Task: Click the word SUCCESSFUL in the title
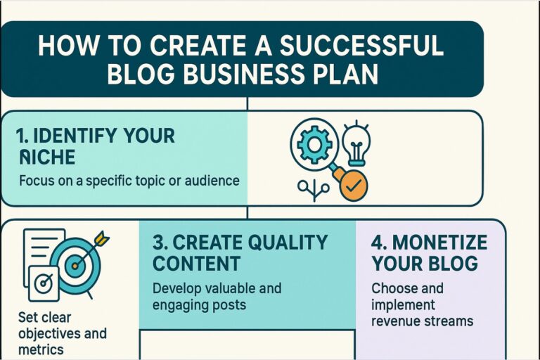click(361, 45)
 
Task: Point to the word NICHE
click(47, 157)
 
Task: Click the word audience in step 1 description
click(212, 180)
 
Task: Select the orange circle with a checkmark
click(354, 186)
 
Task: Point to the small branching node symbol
click(314, 189)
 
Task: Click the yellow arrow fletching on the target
click(101, 238)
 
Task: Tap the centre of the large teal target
click(75, 266)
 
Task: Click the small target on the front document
click(44, 283)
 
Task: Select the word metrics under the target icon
click(41, 349)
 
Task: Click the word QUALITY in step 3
click(288, 242)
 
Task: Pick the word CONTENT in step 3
click(196, 264)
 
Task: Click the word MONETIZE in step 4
click(439, 242)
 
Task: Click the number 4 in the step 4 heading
click(377, 242)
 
